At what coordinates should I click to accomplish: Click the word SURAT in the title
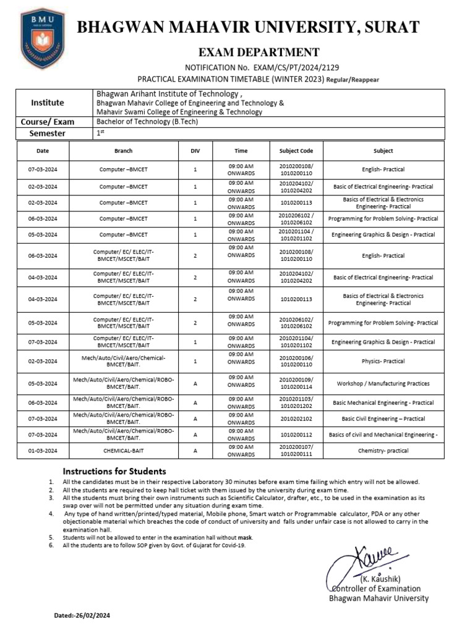pyautogui.click(x=390, y=28)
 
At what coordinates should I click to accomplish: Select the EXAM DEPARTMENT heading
pyautogui.click(x=259, y=53)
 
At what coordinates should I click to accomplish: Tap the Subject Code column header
pyautogui.click(x=296, y=151)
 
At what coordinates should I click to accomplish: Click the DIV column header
pyautogui.click(x=195, y=151)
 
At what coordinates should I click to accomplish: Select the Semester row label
pyautogui.click(x=48, y=134)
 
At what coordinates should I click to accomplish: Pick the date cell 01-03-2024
pyautogui.click(x=43, y=451)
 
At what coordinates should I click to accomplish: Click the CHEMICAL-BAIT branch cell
pyautogui.click(x=124, y=451)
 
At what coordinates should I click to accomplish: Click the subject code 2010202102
pyautogui.click(x=296, y=418)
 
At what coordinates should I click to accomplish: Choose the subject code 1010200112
pyautogui.click(x=296, y=435)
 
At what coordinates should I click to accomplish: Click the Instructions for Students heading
pyautogui.click(x=114, y=471)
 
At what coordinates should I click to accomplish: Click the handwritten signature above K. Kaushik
pyautogui.click(x=362, y=563)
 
